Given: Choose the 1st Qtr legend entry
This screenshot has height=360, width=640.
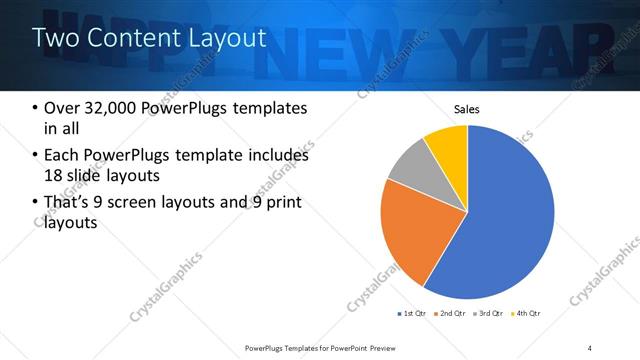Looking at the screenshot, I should [x=413, y=314].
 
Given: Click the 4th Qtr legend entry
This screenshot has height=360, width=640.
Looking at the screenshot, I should [x=528, y=314].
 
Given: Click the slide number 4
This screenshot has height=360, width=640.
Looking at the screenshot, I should [x=590, y=347].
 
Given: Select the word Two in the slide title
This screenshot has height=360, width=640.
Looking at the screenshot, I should [x=54, y=38].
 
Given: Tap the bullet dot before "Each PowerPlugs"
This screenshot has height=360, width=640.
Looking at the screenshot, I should [x=35, y=156].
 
